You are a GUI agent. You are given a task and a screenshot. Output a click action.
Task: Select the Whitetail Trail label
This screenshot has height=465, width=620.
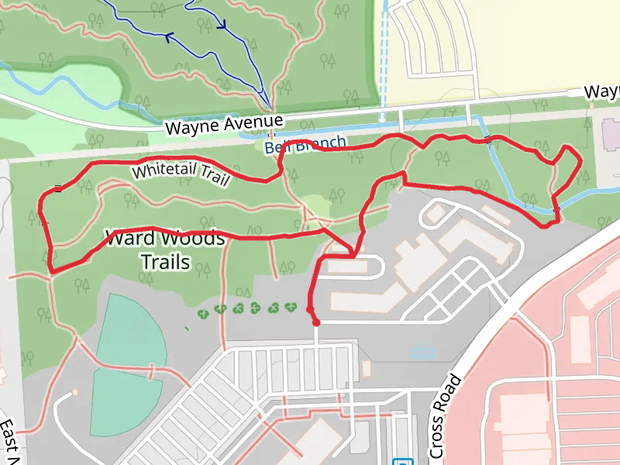point(181,172)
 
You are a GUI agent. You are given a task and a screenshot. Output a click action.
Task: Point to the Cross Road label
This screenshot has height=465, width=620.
point(445,415)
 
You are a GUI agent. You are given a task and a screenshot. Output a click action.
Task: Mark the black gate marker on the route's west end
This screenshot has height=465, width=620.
point(58,188)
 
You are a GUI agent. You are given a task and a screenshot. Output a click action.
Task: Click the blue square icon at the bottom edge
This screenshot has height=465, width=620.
point(402,463)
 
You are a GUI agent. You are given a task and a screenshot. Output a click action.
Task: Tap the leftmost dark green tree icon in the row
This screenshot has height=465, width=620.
point(203,313)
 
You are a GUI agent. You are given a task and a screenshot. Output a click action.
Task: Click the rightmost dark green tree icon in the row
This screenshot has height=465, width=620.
point(290,307)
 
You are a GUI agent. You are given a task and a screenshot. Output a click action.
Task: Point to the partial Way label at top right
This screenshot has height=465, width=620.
point(601,92)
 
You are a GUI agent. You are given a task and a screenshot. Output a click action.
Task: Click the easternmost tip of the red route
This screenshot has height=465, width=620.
point(581,157)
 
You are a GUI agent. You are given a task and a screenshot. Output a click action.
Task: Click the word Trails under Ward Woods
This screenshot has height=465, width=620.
point(165,262)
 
